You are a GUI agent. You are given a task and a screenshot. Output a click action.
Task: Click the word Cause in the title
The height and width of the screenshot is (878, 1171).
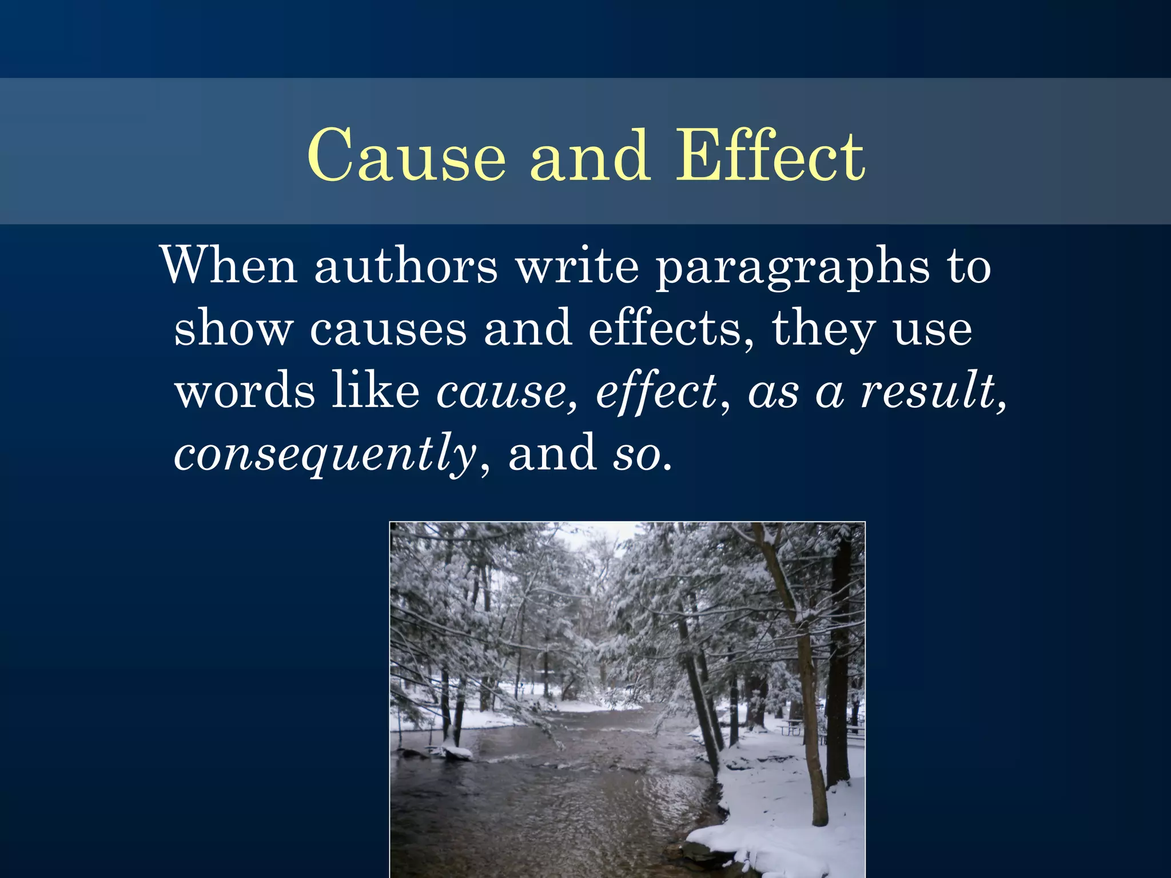click(x=407, y=155)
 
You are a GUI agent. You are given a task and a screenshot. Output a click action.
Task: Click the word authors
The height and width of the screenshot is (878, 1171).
click(x=406, y=265)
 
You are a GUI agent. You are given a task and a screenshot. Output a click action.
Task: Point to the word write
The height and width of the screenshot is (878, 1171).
click(x=577, y=265)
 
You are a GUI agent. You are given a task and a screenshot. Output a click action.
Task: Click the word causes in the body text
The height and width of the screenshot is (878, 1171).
click(x=388, y=330)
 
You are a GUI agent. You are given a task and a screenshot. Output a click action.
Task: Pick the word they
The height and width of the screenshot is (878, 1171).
click(x=824, y=330)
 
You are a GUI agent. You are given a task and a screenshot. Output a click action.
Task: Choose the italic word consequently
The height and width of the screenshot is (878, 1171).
click(x=325, y=455)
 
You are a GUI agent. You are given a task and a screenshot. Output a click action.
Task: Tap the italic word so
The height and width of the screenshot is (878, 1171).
click(x=637, y=455)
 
